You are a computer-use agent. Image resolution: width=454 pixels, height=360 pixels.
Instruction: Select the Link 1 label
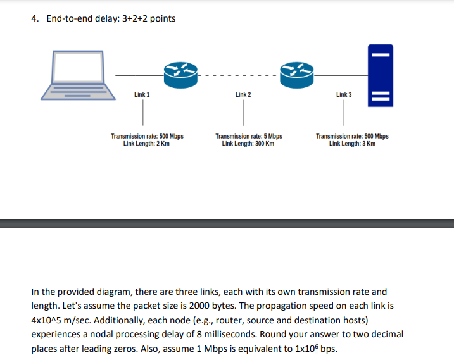pyautogui.click(x=142, y=94)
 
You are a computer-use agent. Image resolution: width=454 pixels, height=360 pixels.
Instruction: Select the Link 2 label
pyautogui.click(x=243, y=94)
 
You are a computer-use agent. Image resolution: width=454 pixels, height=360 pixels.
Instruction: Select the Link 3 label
pyautogui.click(x=344, y=94)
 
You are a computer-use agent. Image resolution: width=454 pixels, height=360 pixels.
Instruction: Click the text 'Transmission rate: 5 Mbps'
pyautogui.click(x=248, y=136)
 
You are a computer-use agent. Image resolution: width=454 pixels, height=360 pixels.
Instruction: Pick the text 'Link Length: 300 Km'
pyautogui.click(x=248, y=144)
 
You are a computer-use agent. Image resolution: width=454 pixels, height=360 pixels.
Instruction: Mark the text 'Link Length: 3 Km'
pyautogui.click(x=352, y=144)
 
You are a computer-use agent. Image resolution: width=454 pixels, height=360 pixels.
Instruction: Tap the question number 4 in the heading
pyautogui.click(x=34, y=18)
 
